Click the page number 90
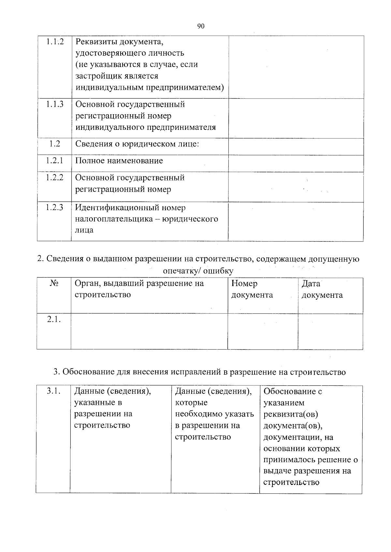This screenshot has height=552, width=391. [201, 26]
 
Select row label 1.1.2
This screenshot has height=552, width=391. [55, 42]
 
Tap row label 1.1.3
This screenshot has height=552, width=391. [55, 104]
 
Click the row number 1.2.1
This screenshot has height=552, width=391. [54, 160]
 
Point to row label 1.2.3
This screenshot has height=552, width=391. [54, 207]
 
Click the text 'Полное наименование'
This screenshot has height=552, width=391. [119, 161]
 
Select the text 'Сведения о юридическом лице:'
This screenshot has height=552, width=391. [137, 144]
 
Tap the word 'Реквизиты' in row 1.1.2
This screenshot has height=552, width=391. [96, 42]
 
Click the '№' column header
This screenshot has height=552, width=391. [54, 283]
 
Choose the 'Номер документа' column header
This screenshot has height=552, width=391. [252, 289]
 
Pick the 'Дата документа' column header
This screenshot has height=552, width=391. [322, 289]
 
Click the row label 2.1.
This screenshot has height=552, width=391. [54, 319]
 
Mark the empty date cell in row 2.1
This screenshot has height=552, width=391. [330, 331]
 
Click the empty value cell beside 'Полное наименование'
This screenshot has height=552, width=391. [296, 163]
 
